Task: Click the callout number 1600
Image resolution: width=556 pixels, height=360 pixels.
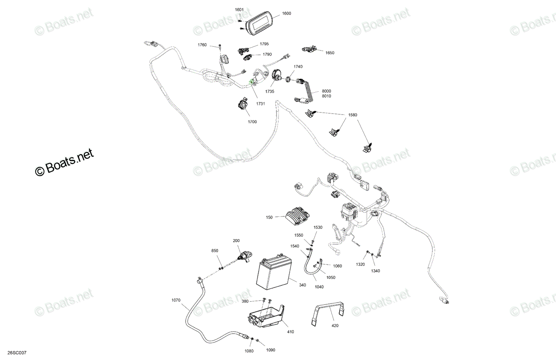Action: (x=286, y=13)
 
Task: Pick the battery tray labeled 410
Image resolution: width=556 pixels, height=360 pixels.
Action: (x=266, y=316)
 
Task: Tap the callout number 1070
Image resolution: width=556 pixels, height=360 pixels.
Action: (x=176, y=300)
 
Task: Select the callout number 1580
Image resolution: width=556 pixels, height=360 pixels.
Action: (x=353, y=115)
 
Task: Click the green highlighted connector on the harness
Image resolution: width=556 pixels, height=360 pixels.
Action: (x=251, y=82)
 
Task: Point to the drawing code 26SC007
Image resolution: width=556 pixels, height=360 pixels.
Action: (x=17, y=353)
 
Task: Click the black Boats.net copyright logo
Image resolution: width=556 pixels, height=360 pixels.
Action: (x=64, y=162)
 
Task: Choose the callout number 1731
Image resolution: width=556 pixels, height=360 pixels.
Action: (x=260, y=104)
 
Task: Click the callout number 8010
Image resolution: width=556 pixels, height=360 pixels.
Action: (x=326, y=96)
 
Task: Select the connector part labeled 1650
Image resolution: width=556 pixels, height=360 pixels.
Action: (x=310, y=49)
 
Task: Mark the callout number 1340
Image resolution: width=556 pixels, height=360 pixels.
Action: (x=375, y=271)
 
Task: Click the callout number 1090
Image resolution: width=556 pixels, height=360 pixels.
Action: (x=271, y=350)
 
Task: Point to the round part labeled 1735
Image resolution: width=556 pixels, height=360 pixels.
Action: (x=276, y=75)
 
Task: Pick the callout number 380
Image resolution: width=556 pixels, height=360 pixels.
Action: (x=245, y=301)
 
